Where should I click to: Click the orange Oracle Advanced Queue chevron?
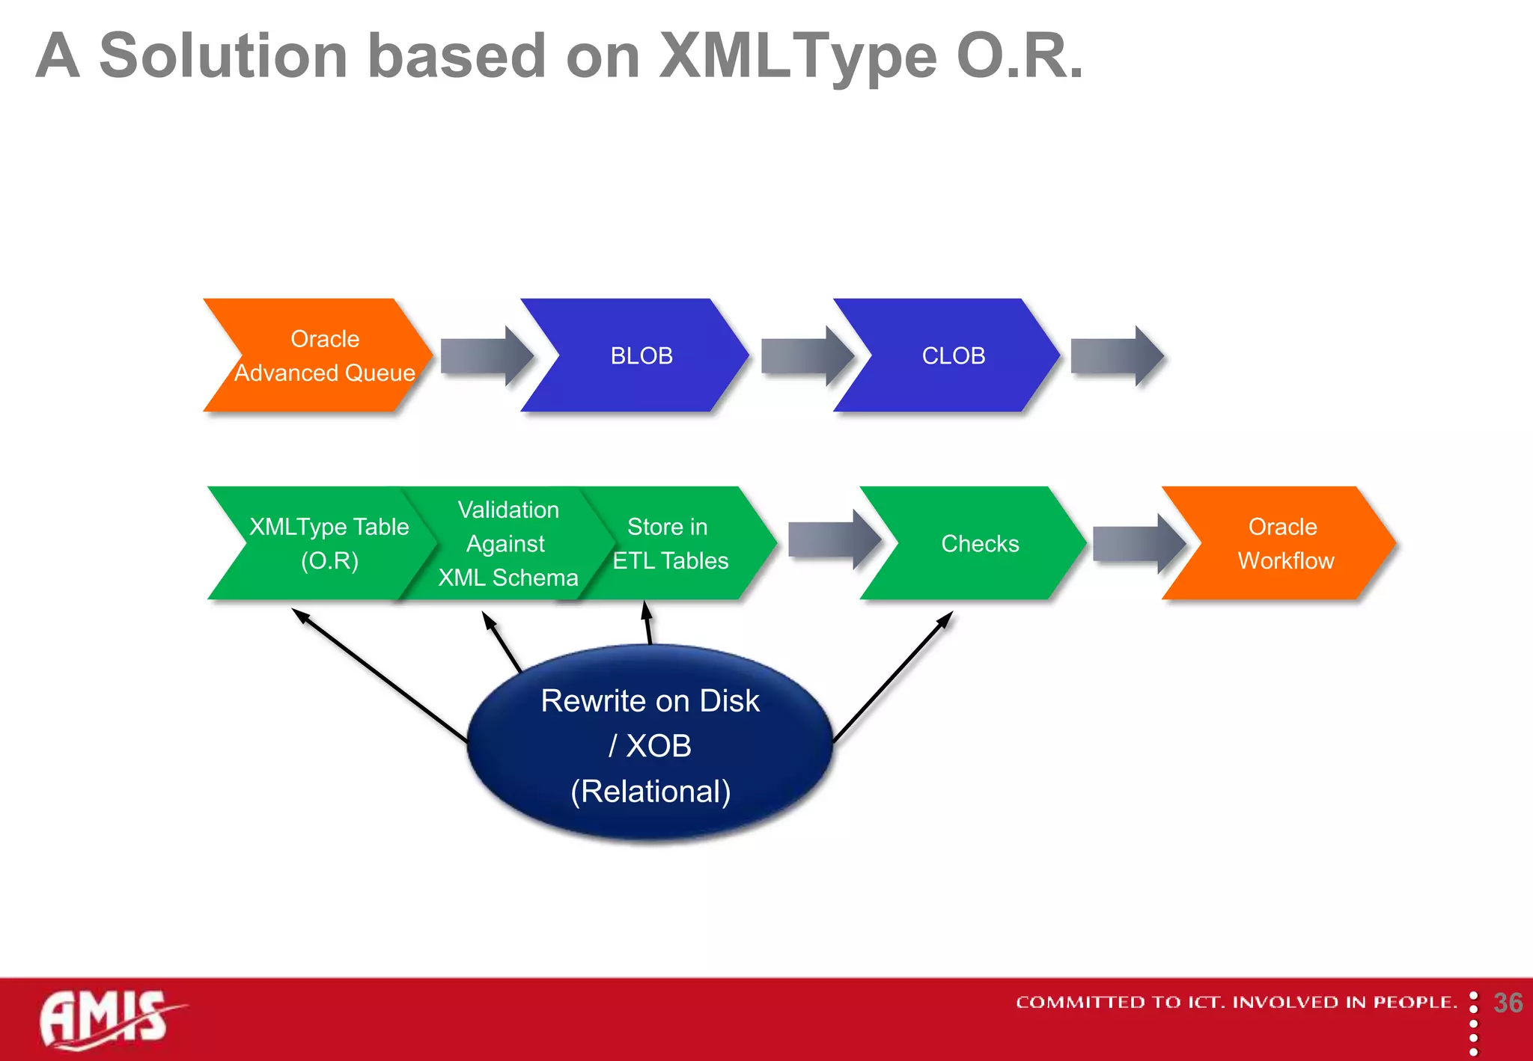point(322,355)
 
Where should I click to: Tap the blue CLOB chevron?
point(952,355)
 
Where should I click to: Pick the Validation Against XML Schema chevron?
point(508,543)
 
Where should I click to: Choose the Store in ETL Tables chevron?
point(670,543)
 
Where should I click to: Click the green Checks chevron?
point(979,543)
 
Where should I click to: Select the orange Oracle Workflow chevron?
point(1284,543)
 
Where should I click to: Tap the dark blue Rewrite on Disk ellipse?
point(650,744)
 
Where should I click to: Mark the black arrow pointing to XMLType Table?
point(378,673)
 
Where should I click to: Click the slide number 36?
point(1508,1003)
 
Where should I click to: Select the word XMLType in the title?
point(796,56)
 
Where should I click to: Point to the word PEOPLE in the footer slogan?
point(1414,1002)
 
